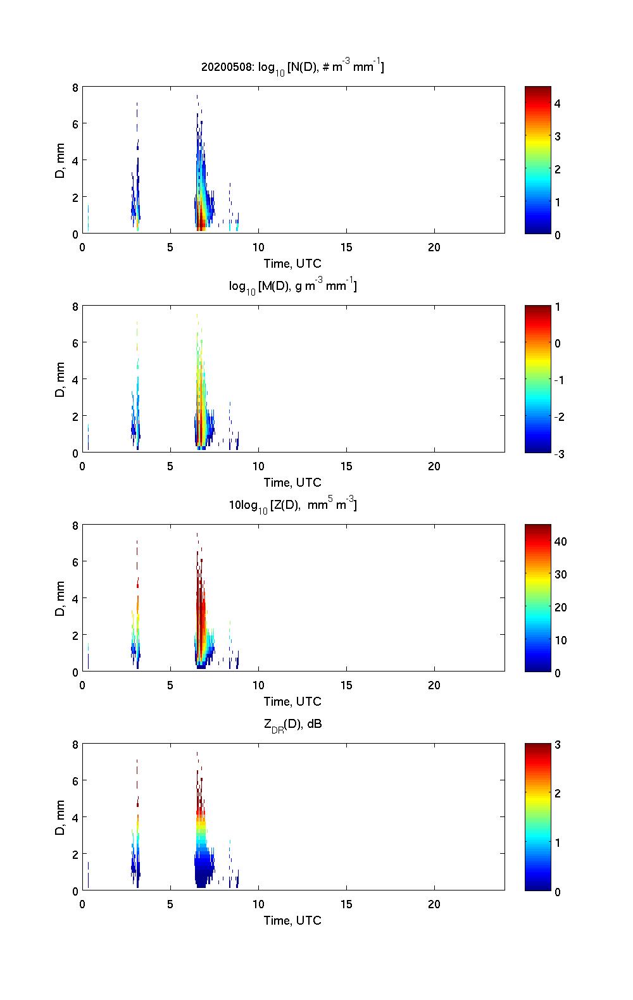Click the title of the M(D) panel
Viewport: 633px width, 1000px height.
tap(292, 287)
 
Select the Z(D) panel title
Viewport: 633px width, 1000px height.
tap(292, 505)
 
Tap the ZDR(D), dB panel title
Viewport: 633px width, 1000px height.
tap(292, 725)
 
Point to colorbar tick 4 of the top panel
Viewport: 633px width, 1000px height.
tap(558, 103)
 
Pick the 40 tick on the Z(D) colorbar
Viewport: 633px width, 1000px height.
tap(560, 542)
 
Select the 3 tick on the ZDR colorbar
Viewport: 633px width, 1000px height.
tap(558, 745)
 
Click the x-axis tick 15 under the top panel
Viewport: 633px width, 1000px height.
tap(346, 247)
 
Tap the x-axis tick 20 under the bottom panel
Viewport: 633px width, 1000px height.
tap(434, 904)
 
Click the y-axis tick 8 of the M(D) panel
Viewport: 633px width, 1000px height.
tap(75, 307)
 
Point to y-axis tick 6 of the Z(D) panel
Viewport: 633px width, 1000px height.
tap(75, 562)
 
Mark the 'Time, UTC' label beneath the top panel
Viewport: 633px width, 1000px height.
tap(292, 263)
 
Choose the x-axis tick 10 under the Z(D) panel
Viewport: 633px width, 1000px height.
tap(258, 685)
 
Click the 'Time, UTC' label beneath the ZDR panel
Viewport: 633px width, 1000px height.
tap(292, 920)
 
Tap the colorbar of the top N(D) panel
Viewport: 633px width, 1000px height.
tap(537, 160)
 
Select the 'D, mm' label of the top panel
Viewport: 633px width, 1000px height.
tap(61, 161)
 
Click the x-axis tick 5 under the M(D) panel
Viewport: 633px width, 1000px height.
tap(170, 466)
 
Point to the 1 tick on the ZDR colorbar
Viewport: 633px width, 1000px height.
tap(558, 843)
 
